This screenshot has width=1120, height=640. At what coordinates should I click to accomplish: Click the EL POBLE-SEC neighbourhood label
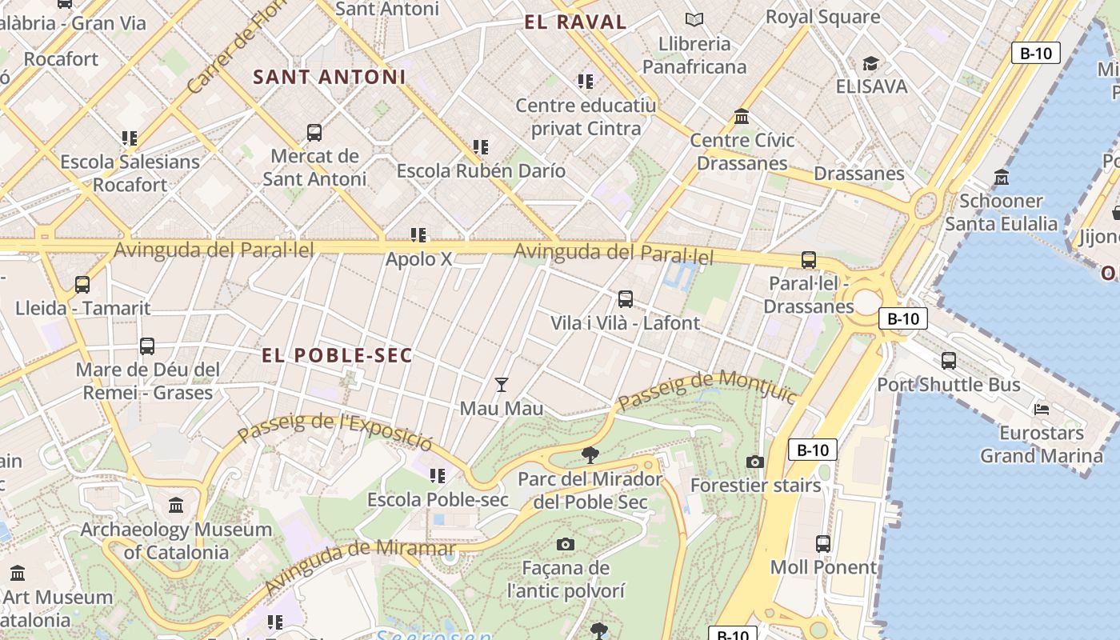point(337,355)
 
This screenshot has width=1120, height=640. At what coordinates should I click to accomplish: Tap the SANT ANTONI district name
point(330,77)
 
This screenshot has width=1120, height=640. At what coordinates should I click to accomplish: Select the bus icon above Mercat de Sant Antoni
point(314,133)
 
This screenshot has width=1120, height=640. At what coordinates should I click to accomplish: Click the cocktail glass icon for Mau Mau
point(502,385)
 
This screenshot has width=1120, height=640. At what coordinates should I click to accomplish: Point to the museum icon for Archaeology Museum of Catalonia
point(176,506)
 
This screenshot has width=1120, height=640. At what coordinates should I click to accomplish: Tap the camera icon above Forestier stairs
point(754,462)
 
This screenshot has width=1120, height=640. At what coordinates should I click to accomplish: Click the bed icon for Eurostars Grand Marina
point(1042,409)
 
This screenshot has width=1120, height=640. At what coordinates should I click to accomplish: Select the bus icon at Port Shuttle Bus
point(949,361)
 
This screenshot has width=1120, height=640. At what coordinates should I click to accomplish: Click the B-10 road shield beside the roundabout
point(903,318)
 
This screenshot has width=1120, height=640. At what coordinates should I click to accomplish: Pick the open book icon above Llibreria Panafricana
point(694,19)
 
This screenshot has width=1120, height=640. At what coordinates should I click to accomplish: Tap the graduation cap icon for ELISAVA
point(870,63)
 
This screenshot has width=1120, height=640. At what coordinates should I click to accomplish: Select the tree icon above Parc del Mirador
point(590,455)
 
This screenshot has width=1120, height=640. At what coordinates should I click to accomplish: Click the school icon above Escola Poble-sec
point(438,476)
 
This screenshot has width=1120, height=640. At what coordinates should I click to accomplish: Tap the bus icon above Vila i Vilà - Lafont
point(626,299)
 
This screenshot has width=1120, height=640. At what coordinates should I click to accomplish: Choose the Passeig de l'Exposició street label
point(336,432)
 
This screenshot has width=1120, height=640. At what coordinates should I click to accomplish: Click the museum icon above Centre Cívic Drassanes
point(742,117)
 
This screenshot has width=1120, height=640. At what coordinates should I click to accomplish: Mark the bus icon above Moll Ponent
point(823,544)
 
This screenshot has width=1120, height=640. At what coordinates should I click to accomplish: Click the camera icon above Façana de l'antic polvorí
point(566,545)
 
